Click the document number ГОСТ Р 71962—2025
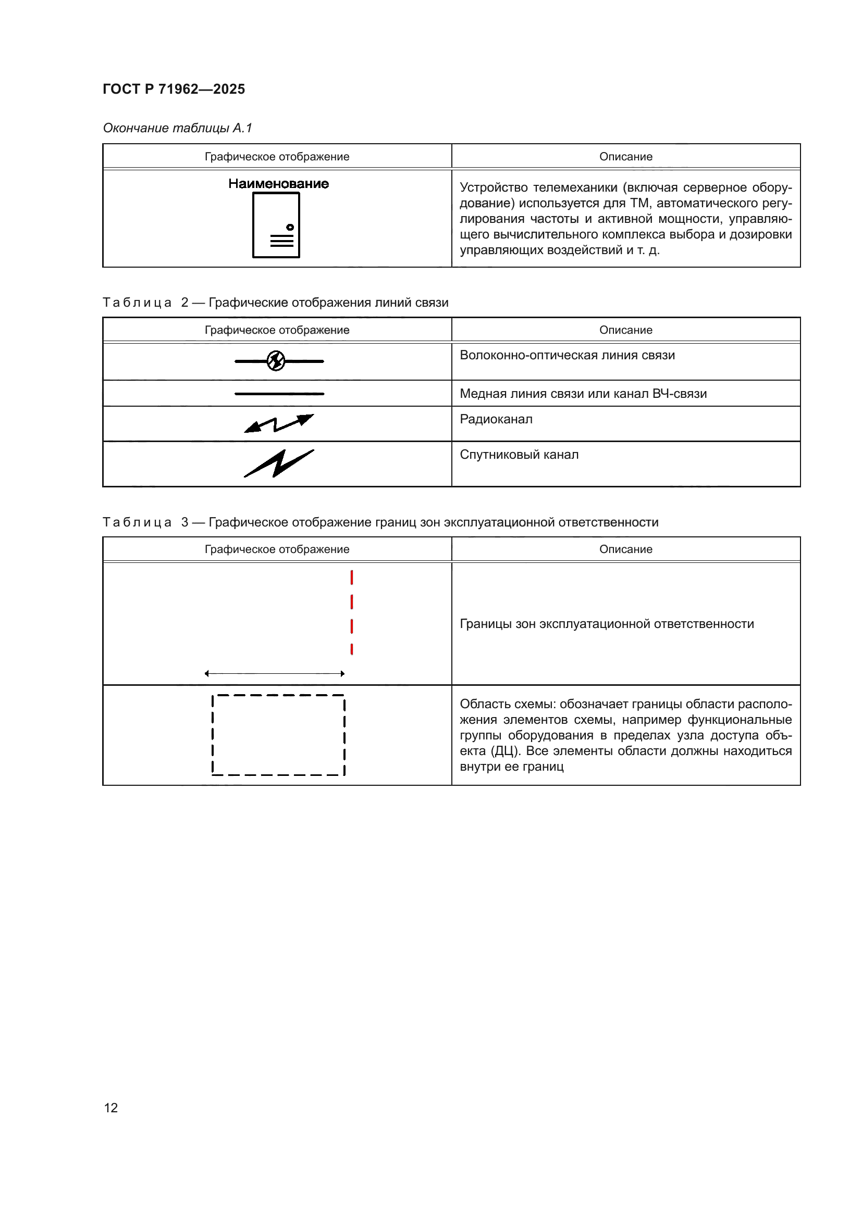[x=174, y=89]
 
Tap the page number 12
[x=111, y=1108]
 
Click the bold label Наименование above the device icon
[x=279, y=184]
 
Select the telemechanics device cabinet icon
[x=276, y=225]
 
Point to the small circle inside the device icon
[x=290, y=228]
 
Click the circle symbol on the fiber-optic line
[x=276, y=361]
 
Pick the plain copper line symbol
[x=279, y=394]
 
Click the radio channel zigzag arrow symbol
[x=279, y=423]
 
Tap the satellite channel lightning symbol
[x=279, y=463]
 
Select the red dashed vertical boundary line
[x=352, y=613]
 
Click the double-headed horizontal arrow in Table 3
[x=275, y=674]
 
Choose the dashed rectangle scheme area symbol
[x=278, y=735]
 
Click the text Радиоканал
[x=496, y=419]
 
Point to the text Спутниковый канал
[x=519, y=455]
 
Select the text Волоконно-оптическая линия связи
[x=567, y=356]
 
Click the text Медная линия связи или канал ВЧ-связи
[x=583, y=394]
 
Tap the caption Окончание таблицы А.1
[x=177, y=128]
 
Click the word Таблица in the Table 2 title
[x=137, y=303]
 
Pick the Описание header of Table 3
[x=625, y=549]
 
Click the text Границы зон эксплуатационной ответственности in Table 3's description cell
[x=606, y=624]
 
